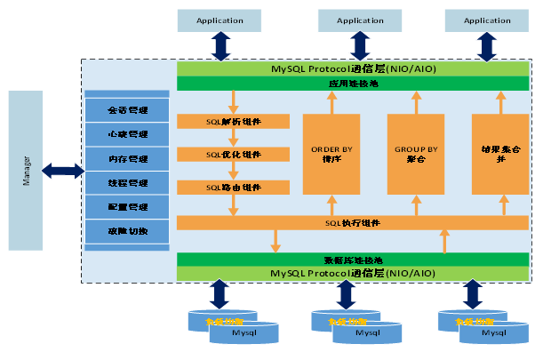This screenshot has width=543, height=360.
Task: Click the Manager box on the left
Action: [x=25, y=169]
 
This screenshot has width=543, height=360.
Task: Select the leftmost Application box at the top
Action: [x=220, y=20]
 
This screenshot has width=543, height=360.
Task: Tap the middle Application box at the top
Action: [x=360, y=20]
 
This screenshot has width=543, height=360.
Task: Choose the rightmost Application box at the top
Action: [x=487, y=20]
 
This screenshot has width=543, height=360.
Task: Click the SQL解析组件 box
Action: [x=233, y=122]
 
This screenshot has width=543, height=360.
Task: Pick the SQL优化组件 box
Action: [x=233, y=155]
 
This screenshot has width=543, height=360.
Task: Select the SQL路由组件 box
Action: [x=233, y=188]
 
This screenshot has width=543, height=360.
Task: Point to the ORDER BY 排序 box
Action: [x=331, y=154]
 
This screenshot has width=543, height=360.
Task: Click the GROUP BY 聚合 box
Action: [x=416, y=154]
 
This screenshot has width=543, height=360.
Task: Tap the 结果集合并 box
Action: [x=500, y=154]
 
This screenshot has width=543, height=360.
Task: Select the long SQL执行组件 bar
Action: [x=354, y=222]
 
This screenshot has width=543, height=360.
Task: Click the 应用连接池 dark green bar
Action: [x=354, y=84]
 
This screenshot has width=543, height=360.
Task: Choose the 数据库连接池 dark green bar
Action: [x=354, y=259]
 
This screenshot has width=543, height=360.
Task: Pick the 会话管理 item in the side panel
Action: [x=127, y=111]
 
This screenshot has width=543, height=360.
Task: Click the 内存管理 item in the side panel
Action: [x=127, y=159]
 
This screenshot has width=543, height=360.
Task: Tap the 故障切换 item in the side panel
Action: [x=127, y=231]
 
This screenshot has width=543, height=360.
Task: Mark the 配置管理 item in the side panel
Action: [x=127, y=207]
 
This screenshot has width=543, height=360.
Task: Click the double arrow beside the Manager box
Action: [x=62, y=169]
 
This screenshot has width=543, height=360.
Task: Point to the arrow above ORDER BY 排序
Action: [x=331, y=102]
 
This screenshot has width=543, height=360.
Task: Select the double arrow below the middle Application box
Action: [x=360, y=45]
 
